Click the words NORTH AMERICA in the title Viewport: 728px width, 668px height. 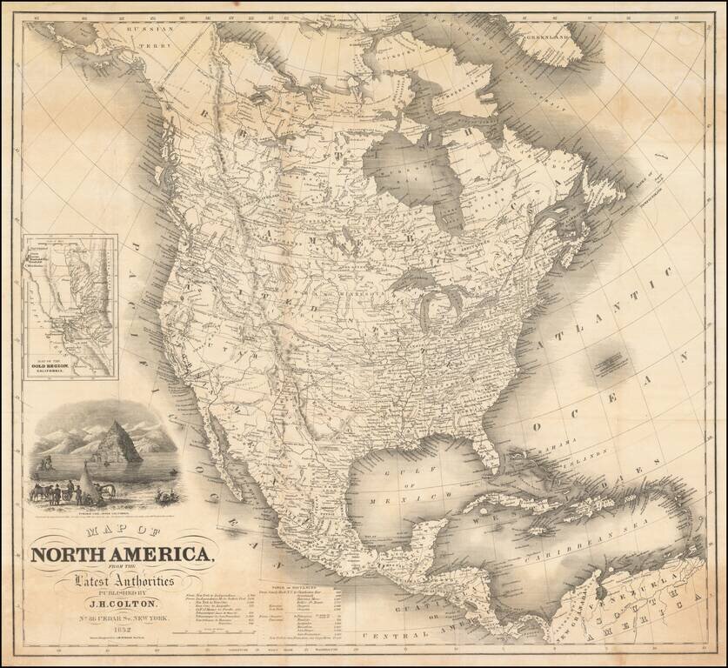[x=121, y=553]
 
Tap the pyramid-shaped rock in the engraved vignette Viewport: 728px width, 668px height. [x=119, y=444]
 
